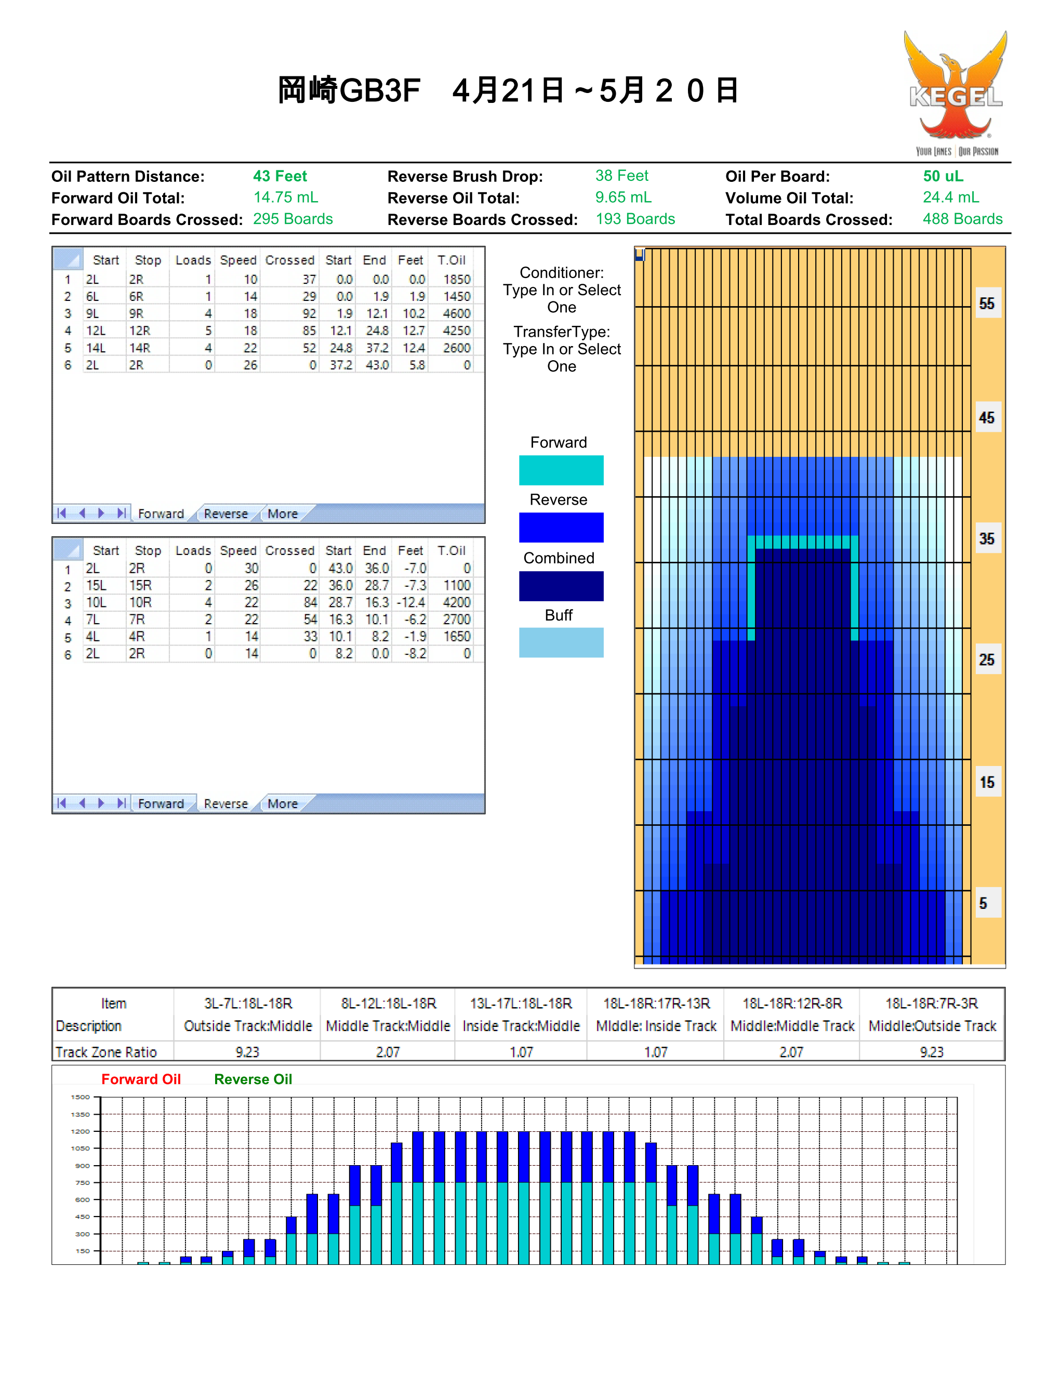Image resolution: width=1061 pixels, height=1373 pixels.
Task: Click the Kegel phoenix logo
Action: point(956,93)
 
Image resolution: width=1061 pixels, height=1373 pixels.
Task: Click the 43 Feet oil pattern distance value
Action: point(280,176)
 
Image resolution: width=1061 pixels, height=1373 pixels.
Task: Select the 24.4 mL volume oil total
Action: point(950,197)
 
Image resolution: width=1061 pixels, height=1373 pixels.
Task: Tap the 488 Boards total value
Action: point(962,219)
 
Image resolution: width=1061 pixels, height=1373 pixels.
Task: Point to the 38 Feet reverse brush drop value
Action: point(621,176)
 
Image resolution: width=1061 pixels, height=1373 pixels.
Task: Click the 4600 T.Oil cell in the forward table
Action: point(456,313)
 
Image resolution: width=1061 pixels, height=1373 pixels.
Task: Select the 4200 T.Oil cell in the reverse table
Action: point(456,602)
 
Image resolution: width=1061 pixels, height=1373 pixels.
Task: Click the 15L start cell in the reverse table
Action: point(96,585)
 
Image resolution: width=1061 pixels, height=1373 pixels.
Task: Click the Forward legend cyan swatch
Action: point(561,470)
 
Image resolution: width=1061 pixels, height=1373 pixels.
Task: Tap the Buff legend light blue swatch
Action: point(561,642)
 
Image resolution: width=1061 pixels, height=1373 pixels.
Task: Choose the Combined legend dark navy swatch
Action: point(561,586)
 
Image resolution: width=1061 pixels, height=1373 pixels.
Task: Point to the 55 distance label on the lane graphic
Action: point(987,303)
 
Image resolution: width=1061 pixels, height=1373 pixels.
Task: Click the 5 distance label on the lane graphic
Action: point(983,903)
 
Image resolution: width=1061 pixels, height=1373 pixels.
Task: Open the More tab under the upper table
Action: point(283,513)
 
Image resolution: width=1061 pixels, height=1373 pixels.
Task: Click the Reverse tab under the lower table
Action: point(226,803)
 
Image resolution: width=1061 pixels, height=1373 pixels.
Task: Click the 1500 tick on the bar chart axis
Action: point(81,1097)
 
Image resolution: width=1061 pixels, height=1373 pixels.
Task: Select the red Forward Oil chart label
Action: point(141,1079)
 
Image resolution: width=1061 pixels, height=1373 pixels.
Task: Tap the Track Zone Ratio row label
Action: point(105,1052)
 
